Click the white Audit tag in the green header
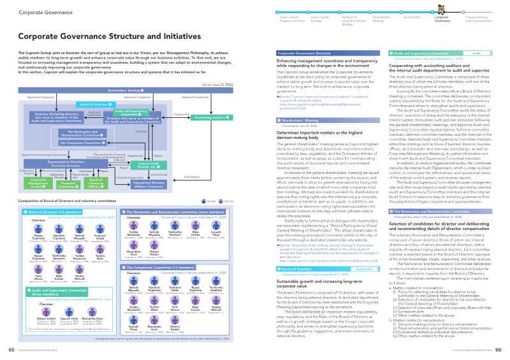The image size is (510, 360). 476,55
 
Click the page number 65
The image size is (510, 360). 11,350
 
